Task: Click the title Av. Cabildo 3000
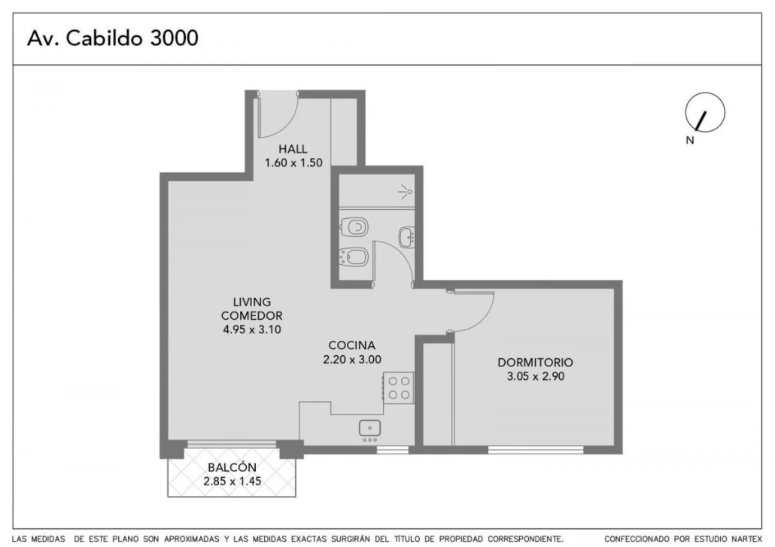click(x=113, y=38)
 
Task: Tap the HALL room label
click(x=293, y=149)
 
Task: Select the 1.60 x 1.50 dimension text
click(x=293, y=163)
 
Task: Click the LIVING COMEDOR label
click(x=251, y=308)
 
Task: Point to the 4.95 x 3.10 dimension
click(x=252, y=330)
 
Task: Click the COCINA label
click(x=352, y=345)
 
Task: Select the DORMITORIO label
click(x=535, y=362)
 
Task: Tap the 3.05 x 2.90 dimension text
click(x=536, y=376)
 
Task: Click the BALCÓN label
click(x=232, y=467)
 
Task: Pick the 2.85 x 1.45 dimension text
click(x=232, y=482)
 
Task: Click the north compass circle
click(x=705, y=112)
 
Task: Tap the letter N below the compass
click(x=690, y=141)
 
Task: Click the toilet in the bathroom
click(x=354, y=227)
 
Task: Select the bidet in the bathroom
click(x=354, y=257)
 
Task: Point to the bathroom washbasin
click(x=407, y=237)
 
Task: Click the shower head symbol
click(x=406, y=191)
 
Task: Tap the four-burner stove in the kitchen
click(x=399, y=388)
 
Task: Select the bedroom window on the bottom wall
click(x=536, y=450)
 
